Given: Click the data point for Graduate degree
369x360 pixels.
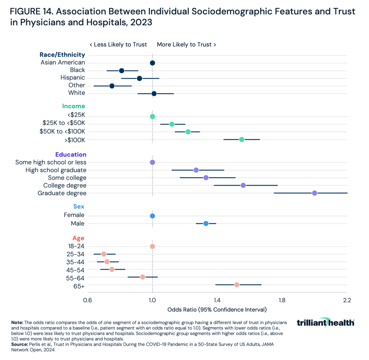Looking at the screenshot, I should (315, 193).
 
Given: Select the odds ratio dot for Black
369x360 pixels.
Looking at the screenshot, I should (122, 71).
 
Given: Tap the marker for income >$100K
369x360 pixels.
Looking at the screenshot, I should (242, 139).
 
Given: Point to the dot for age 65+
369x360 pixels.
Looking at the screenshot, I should (237, 285).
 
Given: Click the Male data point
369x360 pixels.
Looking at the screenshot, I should (206, 223).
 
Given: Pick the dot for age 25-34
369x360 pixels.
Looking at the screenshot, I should (104, 254).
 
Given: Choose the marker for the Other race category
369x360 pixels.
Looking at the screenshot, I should (112, 86).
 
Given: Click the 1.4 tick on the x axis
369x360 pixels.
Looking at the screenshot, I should (217, 300).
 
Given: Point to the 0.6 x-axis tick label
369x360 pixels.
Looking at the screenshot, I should (87, 300).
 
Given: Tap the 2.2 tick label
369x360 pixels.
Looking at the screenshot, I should (347, 300).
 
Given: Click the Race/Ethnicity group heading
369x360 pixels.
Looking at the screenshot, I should (62, 55).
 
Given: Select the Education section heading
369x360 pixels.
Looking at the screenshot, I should (71, 155).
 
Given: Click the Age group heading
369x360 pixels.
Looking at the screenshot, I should (78, 239).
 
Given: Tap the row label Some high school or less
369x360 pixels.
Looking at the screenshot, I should (51, 162).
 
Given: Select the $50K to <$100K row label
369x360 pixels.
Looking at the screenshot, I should (62, 132).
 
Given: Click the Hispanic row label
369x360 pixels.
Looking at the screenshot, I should (72, 78).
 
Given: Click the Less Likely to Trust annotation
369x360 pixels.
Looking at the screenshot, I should (118, 45).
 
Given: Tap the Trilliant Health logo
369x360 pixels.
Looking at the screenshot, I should (325, 323).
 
